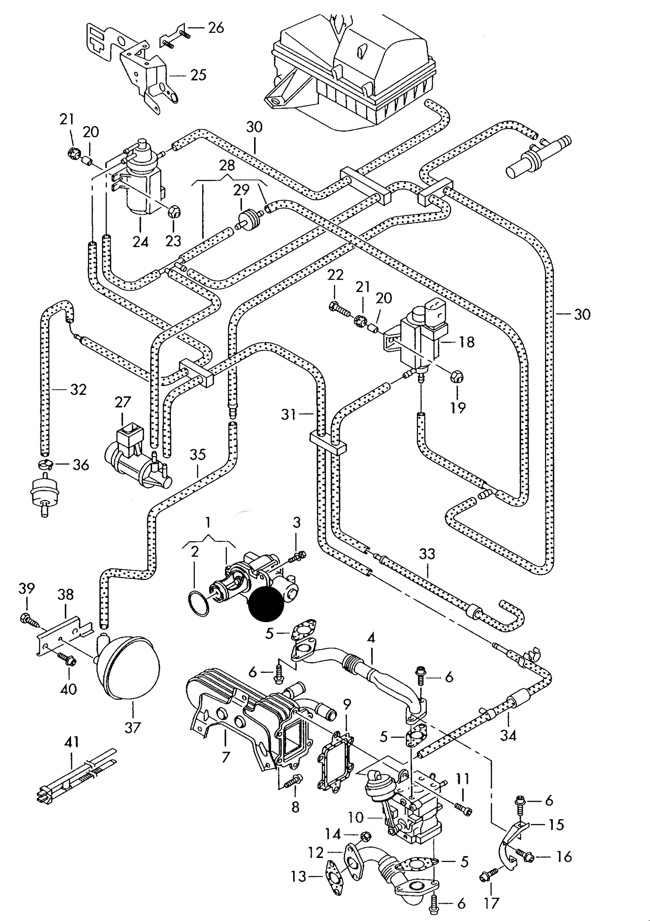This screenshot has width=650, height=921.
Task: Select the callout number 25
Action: point(197,74)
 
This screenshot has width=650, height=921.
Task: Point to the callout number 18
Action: point(467,342)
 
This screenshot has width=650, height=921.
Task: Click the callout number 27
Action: point(122,402)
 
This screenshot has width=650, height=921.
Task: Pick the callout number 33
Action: point(427,554)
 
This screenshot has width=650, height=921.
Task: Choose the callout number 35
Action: point(197,454)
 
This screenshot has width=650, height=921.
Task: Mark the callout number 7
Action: point(225,758)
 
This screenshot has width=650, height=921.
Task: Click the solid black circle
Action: point(266,603)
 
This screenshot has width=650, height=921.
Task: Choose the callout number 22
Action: point(335,274)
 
